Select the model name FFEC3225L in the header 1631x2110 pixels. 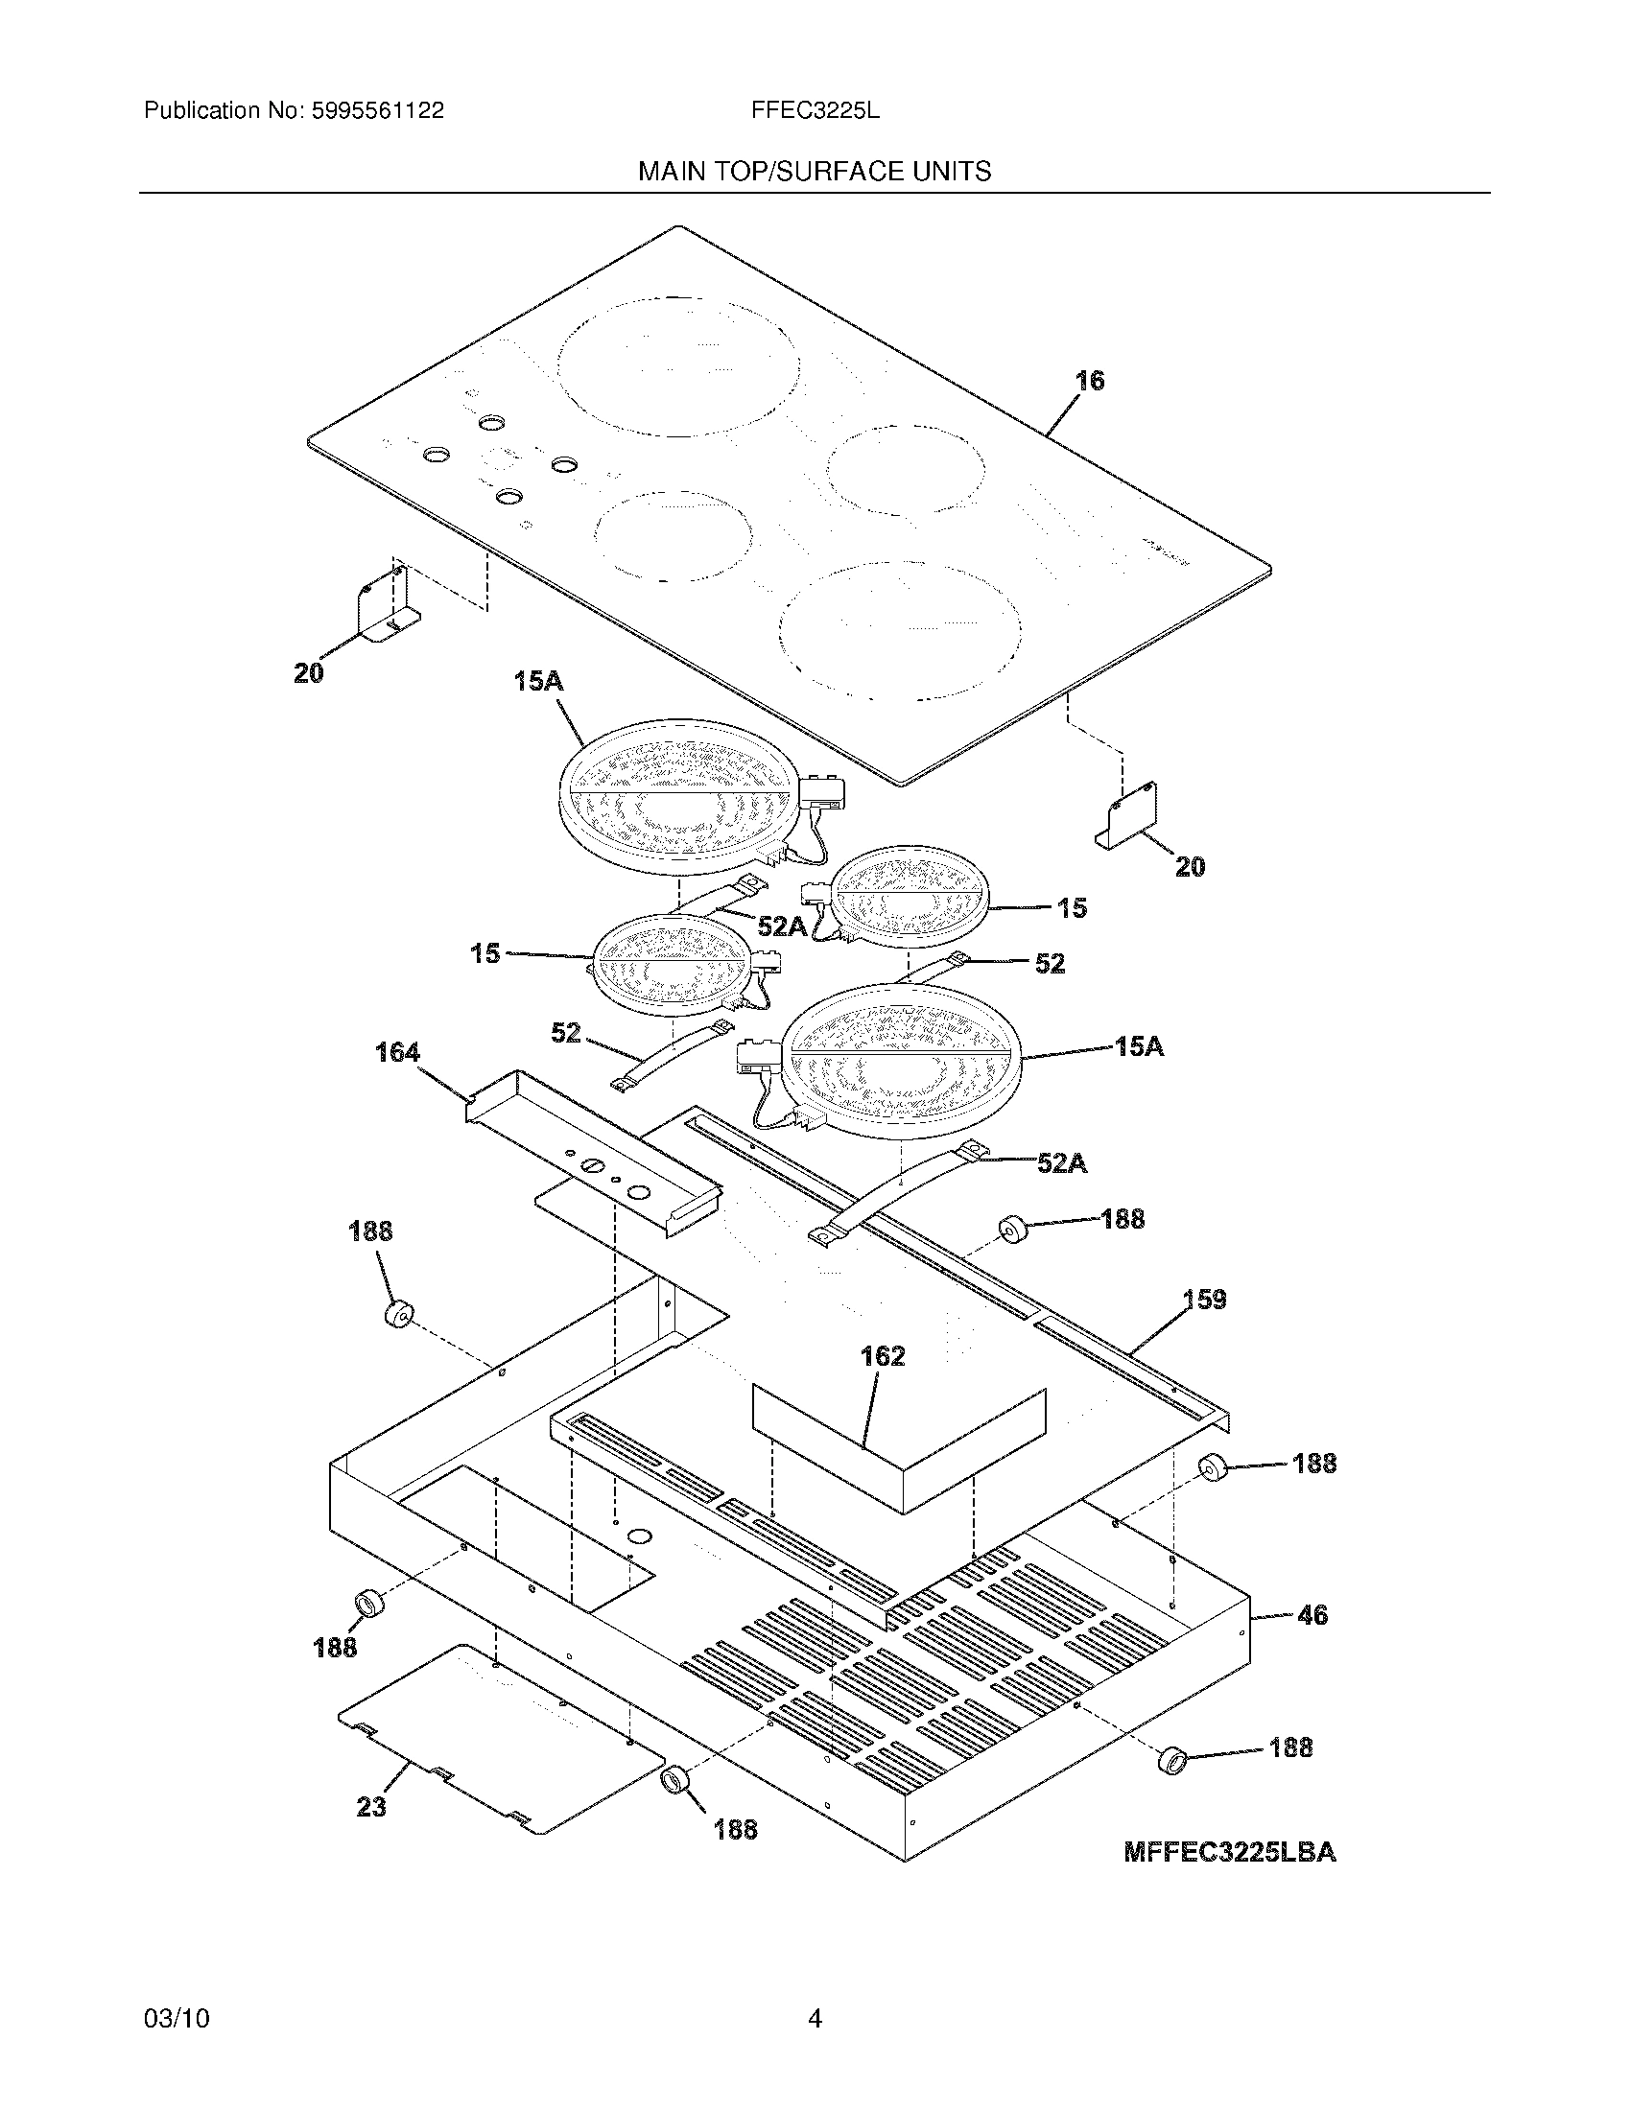(815, 111)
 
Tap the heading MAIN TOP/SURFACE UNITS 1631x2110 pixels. (814, 172)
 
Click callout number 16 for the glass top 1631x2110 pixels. (1090, 381)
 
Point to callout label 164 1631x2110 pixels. (397, 1052)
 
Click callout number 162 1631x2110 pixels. (882, 1356)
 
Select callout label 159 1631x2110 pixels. (1204, 1300)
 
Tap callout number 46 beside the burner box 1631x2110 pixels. (1312, 1614)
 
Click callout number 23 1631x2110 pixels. (371, 1806)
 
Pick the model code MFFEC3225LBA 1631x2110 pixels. (1229, 1853)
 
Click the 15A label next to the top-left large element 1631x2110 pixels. (538, 681)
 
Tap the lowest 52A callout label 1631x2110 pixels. (1061, 1164)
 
